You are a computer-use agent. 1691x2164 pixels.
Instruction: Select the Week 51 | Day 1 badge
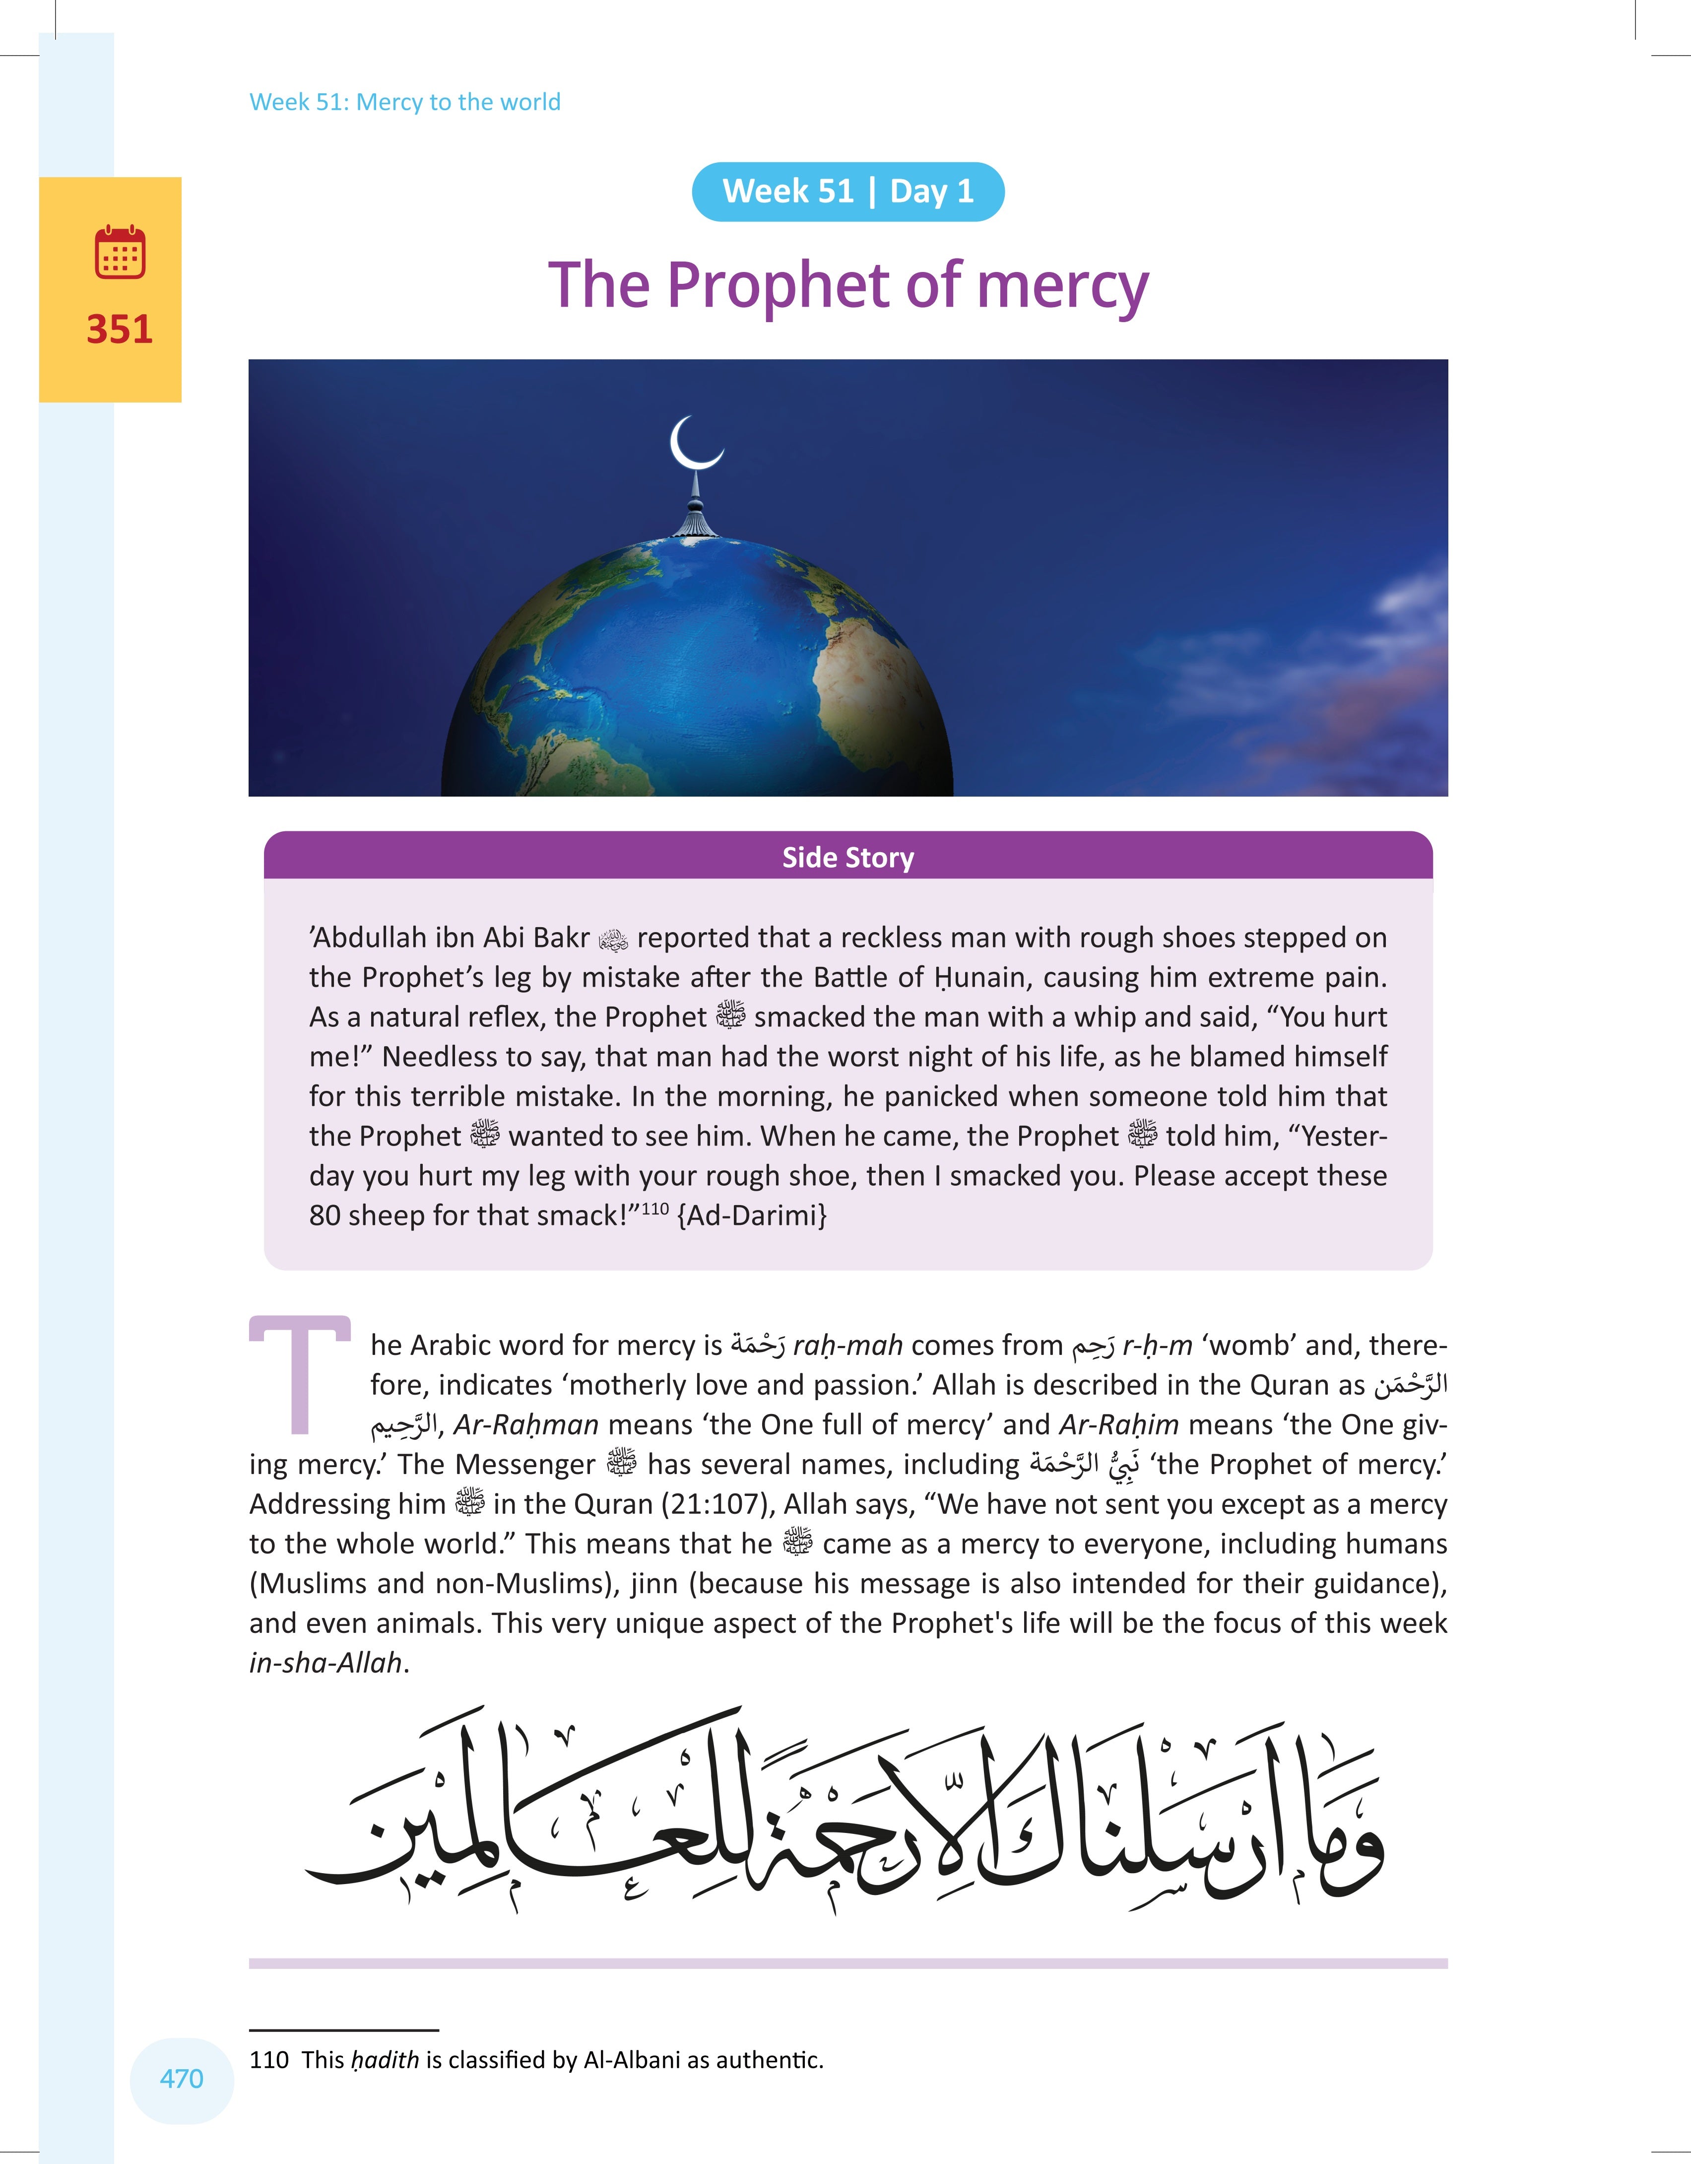click(x=848, y=191)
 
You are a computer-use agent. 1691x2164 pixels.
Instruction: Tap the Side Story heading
click(x=848, y=857)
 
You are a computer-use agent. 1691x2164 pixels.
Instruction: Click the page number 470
click(x=181, y=2078)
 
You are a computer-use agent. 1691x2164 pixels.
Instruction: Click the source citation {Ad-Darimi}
click(x=752, y=1216)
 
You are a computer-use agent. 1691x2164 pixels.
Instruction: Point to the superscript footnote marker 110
click(x=655, y=1208)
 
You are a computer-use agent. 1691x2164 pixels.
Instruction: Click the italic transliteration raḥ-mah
click(x=847, y=1346)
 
